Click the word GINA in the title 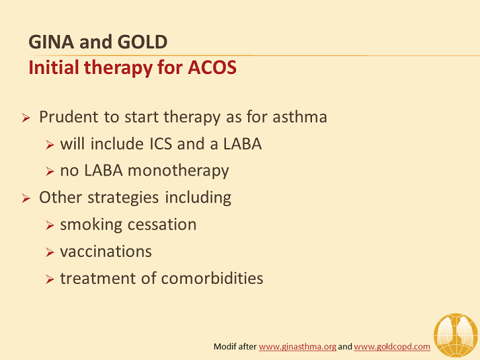51,42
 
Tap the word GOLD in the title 143,42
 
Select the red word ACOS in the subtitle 212,67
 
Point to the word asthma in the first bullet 300,117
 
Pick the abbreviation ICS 161,144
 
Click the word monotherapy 178,171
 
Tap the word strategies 123,198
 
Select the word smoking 91,225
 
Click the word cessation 162,225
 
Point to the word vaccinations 106,252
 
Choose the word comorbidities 212,279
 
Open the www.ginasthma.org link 298,347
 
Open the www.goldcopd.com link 392,347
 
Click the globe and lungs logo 456,335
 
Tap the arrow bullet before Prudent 26,118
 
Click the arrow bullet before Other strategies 26,199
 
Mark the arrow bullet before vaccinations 50,252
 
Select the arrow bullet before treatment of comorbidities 50,279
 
